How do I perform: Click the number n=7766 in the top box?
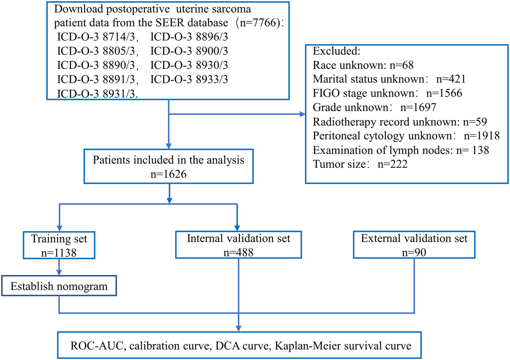[258, 23]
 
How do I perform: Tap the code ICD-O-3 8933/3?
[189, 80]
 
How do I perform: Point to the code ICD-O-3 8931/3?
[97, 94]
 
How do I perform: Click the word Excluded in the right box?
[336, 51]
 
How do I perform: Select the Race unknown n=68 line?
[363, 65]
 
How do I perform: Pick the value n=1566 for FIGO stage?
[444, 93]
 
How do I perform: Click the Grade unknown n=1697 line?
[374, 107]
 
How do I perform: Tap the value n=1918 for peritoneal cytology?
[481, 136]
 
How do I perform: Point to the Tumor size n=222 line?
[360, 164]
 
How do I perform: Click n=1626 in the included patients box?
[168, 174]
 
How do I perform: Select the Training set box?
[59, 245]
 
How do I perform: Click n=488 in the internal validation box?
[238, 253]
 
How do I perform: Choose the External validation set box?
[414, 245]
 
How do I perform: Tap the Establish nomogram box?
[59, 286]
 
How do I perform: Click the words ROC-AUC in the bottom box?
[96, 346]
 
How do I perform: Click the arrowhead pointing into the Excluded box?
[302, 114]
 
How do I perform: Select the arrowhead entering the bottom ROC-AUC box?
[238, 328]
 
